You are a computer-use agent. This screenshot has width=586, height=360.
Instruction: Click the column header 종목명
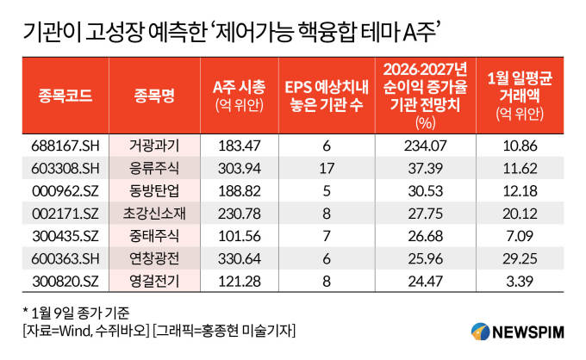click(155, 95)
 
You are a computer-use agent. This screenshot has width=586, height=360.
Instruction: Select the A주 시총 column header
click(240, 95)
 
